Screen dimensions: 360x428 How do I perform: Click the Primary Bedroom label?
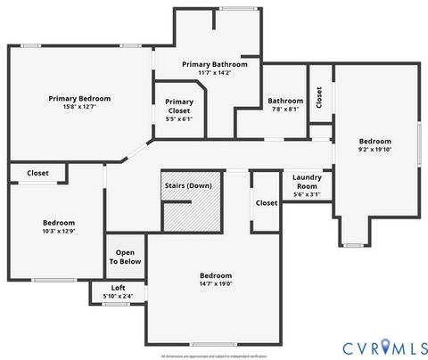[x=80, y=99]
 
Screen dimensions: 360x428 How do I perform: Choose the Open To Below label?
[x=125, y=257]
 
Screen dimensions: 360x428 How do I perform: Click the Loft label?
[x=118, y=287]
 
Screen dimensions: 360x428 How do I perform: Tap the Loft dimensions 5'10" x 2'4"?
[x=118, y=296]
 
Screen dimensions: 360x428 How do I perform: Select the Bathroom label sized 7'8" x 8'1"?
[x=286, y=101]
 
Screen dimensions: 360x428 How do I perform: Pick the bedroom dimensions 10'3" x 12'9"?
[x=59, y=232]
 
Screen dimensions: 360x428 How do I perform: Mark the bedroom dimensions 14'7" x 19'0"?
[x=216, y=285]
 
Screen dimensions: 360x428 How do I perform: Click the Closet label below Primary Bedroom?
[x=37, y=173]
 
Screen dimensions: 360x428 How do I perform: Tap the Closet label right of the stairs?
[x=266, y=202]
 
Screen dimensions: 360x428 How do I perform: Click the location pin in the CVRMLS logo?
[x=383, y=346]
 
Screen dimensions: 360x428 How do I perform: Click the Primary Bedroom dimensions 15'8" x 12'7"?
[x=80, y=108]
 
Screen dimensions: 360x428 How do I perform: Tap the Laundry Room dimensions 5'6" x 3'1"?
[x=306, y=194]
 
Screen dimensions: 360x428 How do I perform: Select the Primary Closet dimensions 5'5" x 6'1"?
[x=178, y=119]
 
